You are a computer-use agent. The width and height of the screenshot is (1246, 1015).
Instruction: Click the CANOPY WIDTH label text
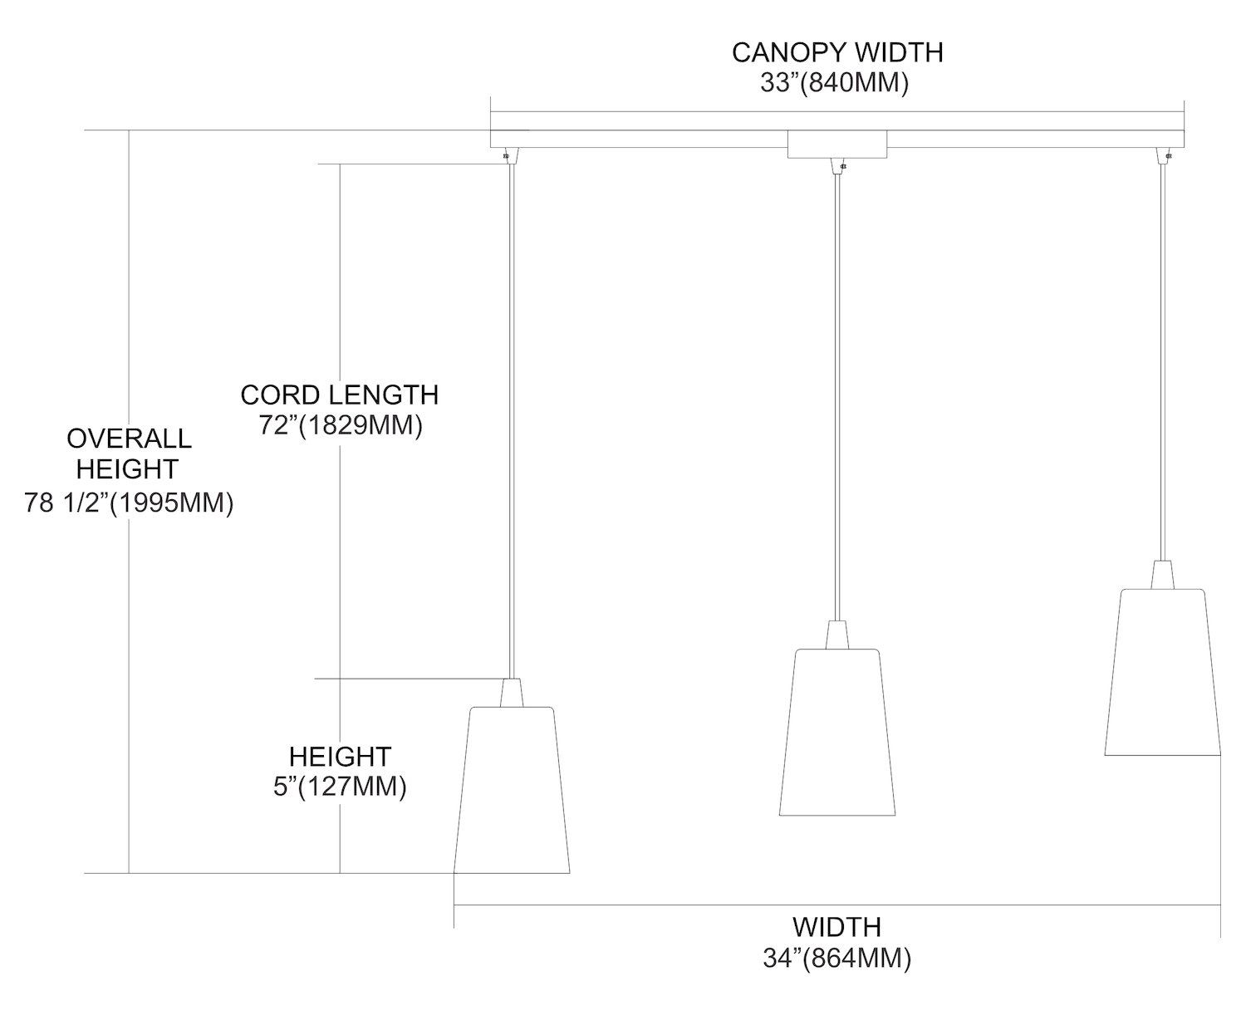click(x=836, y=52)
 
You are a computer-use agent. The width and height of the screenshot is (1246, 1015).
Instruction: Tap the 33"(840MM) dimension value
click(x=834, y=83)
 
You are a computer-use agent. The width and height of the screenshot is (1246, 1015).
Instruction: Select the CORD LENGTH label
click(x=339, y=395)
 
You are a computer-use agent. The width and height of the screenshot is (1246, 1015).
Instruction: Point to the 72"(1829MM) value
click(x=341, y=425)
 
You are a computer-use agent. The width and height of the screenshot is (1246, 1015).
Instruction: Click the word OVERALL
click(x=129, y=438)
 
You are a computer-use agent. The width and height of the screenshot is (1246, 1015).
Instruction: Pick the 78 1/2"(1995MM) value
click(x=129, y=503)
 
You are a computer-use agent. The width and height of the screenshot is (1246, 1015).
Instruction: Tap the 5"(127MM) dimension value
click(x=340, y=787)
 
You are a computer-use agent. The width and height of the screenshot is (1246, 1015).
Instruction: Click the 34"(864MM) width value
click(x=836, y=959)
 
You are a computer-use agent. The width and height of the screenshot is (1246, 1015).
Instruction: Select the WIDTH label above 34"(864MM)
click(x=836, y=926)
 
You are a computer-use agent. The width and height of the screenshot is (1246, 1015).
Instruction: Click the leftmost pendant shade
click(x=512, y=789)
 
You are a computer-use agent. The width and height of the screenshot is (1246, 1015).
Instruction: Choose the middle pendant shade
click(x=837, y=731)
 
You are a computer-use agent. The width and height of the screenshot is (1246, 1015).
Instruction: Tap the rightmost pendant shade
click(x=1162, y=671)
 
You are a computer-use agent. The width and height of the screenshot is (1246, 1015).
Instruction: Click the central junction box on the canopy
click(x=836, y=145)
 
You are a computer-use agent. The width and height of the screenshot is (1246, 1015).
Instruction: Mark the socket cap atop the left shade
click(x=512, y=693)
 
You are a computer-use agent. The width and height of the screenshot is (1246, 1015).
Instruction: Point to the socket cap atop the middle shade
click(x=837, y=635)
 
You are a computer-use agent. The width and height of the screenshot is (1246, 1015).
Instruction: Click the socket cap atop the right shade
click(x=1162, y=575)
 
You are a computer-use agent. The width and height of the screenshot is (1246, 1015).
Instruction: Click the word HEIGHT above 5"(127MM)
click(x=340, y=756)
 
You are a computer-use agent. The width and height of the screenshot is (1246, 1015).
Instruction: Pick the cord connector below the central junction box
click(x=837, y=166)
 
